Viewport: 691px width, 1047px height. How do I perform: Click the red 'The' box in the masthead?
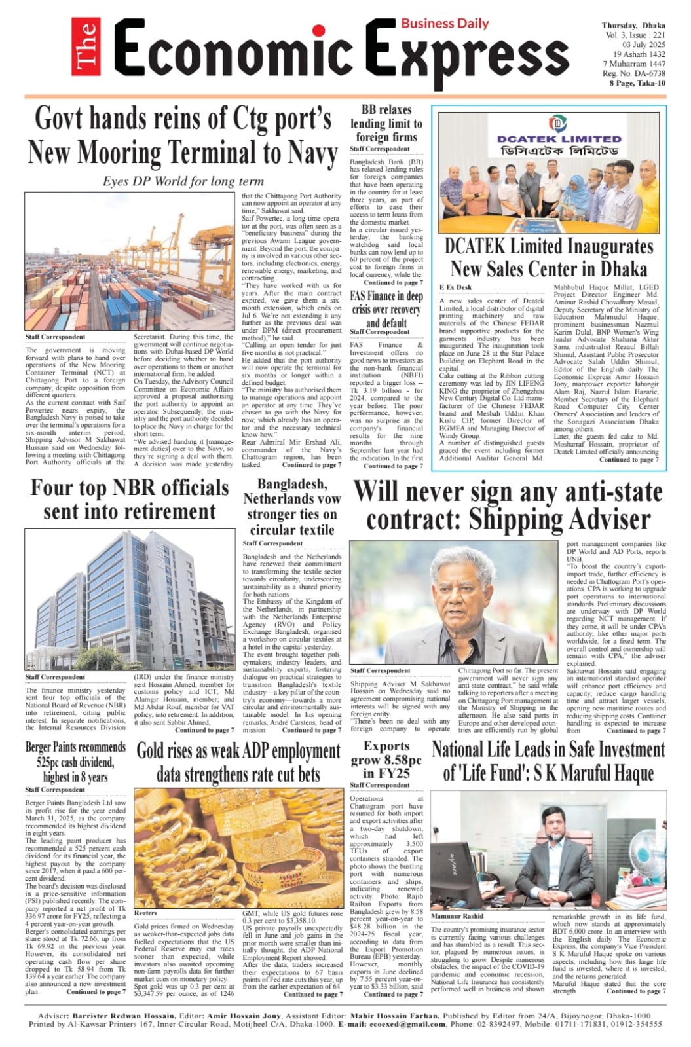point(86,47)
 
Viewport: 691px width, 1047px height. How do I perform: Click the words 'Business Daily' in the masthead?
point(445,23)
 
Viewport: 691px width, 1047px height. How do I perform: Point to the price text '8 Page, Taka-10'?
point(637,83)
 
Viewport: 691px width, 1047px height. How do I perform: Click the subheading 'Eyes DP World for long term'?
point(183,181)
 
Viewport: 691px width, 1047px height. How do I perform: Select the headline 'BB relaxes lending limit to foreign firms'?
point(386,123)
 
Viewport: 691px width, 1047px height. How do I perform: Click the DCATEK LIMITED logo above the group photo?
point(559,134)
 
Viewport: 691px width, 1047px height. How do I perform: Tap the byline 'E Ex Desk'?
point(455,287)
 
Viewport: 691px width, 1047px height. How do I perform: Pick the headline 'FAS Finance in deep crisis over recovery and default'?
point(386,309)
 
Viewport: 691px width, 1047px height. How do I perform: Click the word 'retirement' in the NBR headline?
point(130,512)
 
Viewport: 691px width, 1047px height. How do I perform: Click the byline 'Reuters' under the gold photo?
point(145,912)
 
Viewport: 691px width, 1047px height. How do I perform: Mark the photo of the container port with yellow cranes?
point(130,261)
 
